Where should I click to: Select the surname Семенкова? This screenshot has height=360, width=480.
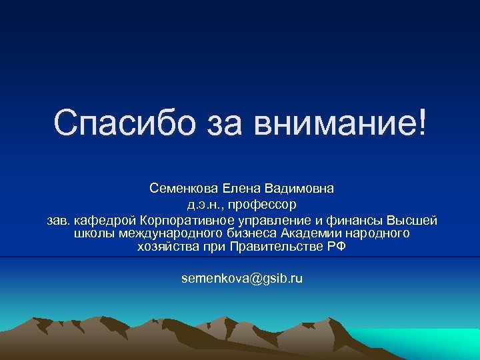180,189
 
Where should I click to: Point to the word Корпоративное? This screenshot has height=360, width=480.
181,220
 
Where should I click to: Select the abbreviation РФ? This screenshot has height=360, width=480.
337,247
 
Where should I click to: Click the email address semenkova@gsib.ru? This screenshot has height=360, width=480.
241,278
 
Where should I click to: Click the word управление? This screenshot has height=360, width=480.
265,220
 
